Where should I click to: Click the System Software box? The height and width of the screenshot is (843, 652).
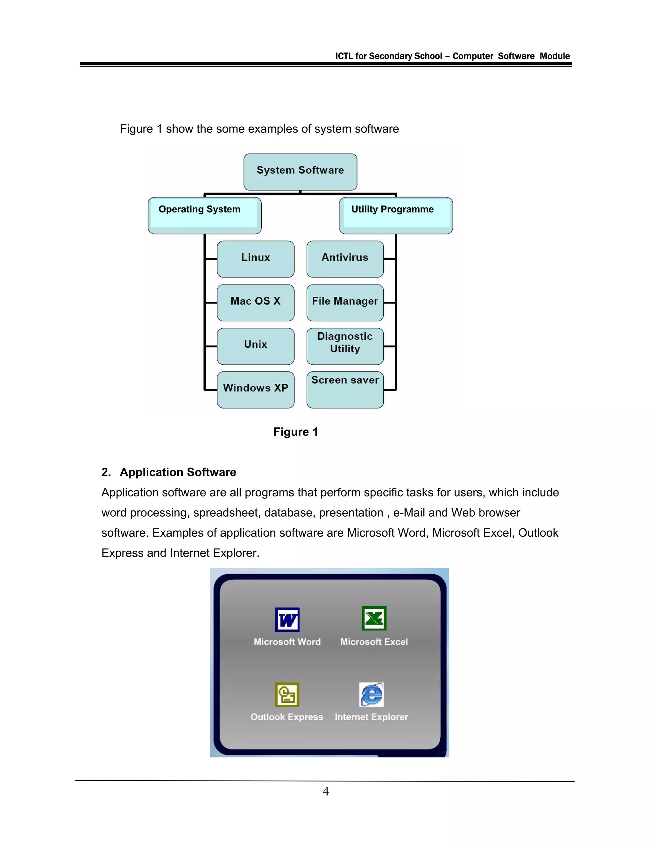300,171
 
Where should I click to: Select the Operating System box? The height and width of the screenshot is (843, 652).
204,215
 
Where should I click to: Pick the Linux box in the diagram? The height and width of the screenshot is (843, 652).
255,259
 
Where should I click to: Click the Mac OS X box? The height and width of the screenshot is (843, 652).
255,302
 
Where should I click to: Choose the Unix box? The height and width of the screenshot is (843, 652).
255,346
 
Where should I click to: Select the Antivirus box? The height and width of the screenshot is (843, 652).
345,259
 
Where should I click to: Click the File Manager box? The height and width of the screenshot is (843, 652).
345,302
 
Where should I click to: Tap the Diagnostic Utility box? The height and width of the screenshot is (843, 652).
345,346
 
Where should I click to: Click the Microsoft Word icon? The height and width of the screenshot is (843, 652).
287,619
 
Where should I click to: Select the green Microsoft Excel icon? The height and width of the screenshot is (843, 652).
374,618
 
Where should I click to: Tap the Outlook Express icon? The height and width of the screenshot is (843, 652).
287,694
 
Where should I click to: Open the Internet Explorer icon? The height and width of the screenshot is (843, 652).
371,694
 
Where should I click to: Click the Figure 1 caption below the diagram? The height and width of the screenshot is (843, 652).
295,432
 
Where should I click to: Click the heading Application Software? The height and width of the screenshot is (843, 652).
178,472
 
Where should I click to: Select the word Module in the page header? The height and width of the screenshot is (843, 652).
555,56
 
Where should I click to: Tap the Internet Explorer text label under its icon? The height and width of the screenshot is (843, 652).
371,717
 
